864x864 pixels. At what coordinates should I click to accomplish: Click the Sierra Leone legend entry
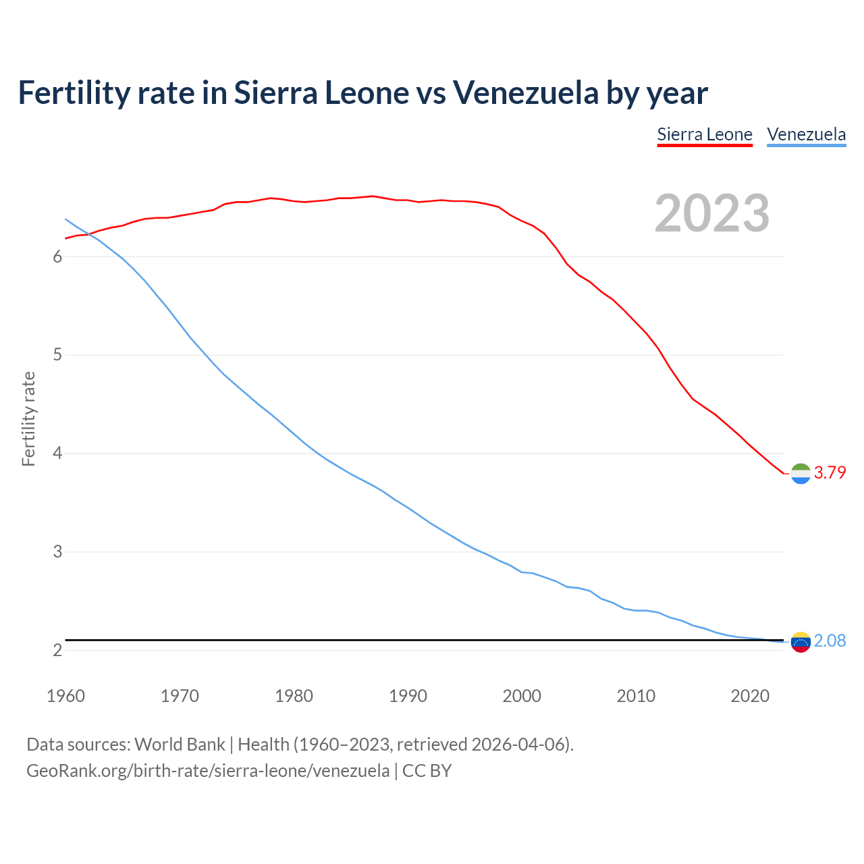(x=705, y=134)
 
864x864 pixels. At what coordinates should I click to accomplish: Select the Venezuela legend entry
(x=806, y=134)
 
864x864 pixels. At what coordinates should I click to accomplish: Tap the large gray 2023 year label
(x=712, y=213)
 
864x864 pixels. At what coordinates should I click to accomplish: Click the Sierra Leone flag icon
(x=801, y=474)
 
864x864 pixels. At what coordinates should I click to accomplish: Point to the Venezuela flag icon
(x=801, y=642)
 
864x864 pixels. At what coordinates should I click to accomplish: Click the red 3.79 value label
(x=830, y=473)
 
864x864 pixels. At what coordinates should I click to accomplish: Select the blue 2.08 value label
(x=830, y=641)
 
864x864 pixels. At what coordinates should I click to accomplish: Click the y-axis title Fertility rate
(x=28, y=418)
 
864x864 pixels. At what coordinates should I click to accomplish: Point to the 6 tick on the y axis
(x=57, y=256)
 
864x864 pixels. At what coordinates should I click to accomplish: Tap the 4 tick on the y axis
(x=57, y=453)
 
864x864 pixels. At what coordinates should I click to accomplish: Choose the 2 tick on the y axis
(x=57, y=650)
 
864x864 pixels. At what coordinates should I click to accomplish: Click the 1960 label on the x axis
(x=65, y=696)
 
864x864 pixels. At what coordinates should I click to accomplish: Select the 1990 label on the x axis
(x=408, y=696)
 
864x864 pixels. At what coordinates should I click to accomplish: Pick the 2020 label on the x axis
(x=750, y=696)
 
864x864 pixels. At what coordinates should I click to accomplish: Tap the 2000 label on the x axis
(x=522, y=696)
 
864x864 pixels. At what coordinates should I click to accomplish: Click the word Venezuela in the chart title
(x=525, y=92)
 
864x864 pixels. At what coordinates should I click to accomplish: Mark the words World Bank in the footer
(x=180, y=745)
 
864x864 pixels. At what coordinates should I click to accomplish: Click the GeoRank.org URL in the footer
(x=208, y=770)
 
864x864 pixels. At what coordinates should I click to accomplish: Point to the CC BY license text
(x=427, y=770)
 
